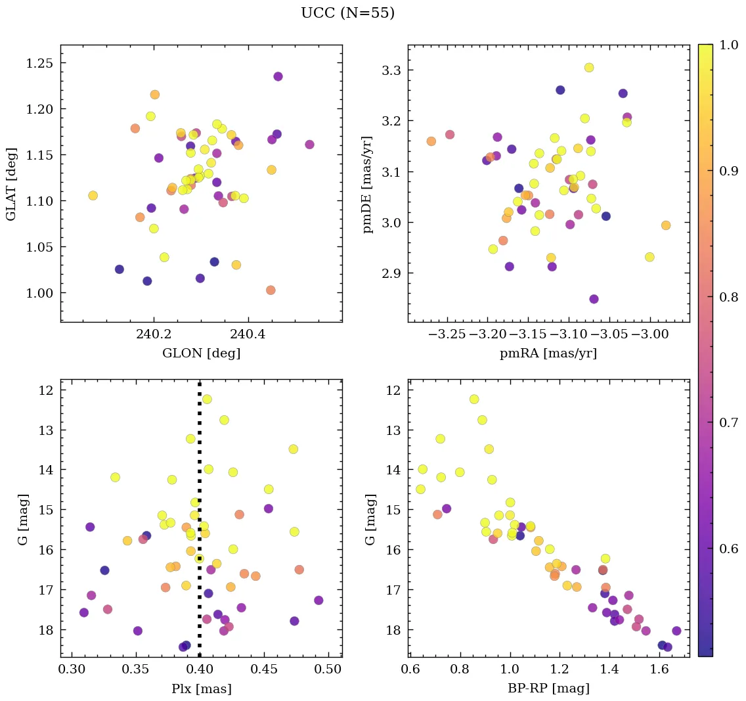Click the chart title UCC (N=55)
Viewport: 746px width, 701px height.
[x=347, y=13]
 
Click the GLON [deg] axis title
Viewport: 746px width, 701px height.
[x=201, y=353]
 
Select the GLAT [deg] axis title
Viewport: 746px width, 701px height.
[x=11, y=183]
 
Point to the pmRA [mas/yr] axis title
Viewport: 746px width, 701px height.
[x=548, y=353]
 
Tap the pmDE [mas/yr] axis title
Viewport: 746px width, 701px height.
[x=368, y=183]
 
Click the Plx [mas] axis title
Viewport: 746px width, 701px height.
[x=201, y=689]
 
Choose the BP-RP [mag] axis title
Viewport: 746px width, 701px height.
[x=548, y=689]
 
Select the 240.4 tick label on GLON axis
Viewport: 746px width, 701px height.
[x=248, y=334]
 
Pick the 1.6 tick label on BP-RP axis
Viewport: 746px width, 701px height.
[x=659, y=669]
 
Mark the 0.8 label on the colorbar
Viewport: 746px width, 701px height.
[x=726, y=297]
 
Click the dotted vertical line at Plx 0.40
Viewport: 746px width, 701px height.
[x=200, y=460]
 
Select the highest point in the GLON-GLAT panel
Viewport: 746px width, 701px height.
[x=278, y=76]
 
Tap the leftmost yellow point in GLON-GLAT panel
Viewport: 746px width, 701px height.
[x=93, y=195]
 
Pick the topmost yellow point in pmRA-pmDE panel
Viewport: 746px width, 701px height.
[x=589, y=68]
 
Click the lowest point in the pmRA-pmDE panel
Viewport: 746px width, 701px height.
[x=594, y=299]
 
